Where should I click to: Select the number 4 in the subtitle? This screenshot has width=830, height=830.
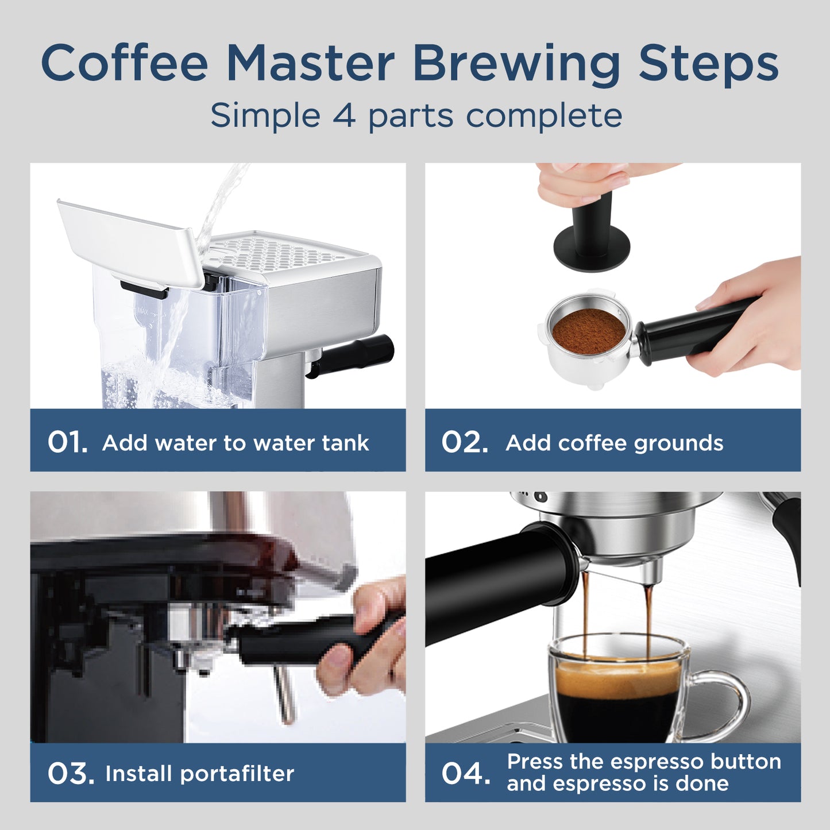tap(343, 115)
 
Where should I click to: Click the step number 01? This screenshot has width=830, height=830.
tap(67, 442)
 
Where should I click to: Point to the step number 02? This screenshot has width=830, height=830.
tap(464, 442)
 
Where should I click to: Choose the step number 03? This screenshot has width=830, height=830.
tap(70, 773)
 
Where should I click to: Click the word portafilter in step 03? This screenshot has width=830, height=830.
tap(237, 774)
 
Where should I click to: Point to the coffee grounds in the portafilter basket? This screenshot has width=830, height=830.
tap(588, 332)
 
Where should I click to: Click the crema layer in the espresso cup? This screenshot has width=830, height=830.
tap(617, 676)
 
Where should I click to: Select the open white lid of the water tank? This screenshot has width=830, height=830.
tap(129, 241)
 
